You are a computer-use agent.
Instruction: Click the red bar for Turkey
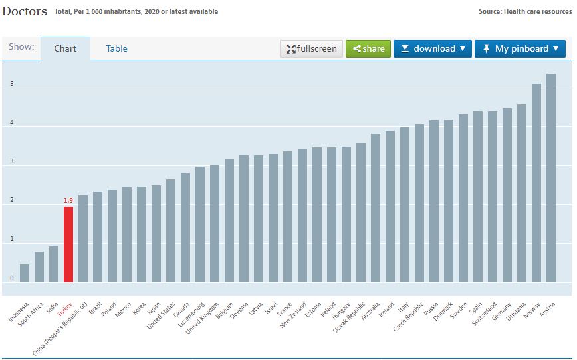(x=68, y=244)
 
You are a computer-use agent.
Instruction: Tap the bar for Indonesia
(x=25, y=273)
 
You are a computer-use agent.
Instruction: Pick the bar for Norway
(x=536, y=183)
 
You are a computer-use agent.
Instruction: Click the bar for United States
(x=171, y=230)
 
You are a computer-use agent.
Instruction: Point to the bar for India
(x=54, y=264)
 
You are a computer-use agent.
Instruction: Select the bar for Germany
(x=507, y=195)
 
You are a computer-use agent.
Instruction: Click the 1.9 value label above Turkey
(x=68, y=200)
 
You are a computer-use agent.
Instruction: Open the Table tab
(x=116, y=48)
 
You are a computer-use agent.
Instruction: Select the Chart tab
(x=65, y=48)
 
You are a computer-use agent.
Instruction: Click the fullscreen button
(x=312, y=48)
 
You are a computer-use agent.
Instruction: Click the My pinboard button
(x=520, y=48)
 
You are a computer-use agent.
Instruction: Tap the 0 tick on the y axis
(x=11, y=278)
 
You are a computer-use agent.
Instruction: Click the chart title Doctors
(x=25, y=11)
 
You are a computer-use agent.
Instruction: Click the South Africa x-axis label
(x=32, y=314)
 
